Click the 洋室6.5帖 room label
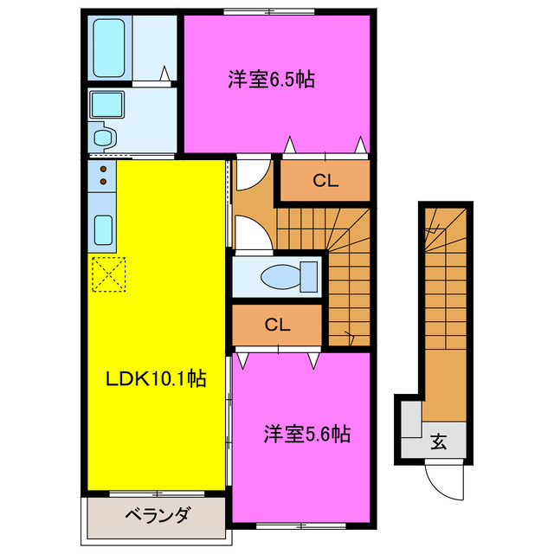click(x=271, y=80)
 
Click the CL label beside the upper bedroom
click(x=325, y=182)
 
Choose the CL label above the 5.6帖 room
click(x=277, y=325)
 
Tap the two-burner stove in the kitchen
click(x=103, y=176)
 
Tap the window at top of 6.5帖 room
click(x=268, y=10)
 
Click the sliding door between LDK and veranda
click(x=156, y=494)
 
